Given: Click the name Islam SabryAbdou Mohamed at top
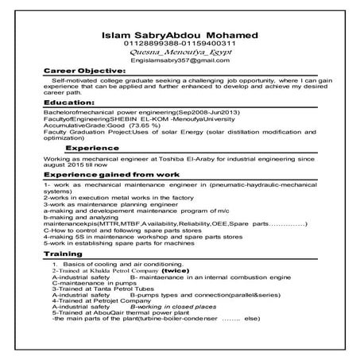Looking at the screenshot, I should pos(181,36).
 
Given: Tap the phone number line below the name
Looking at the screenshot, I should pos(181,45).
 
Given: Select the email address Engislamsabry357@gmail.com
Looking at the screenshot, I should pos(181,60).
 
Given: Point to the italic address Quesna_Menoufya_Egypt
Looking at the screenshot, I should pos(181,52).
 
